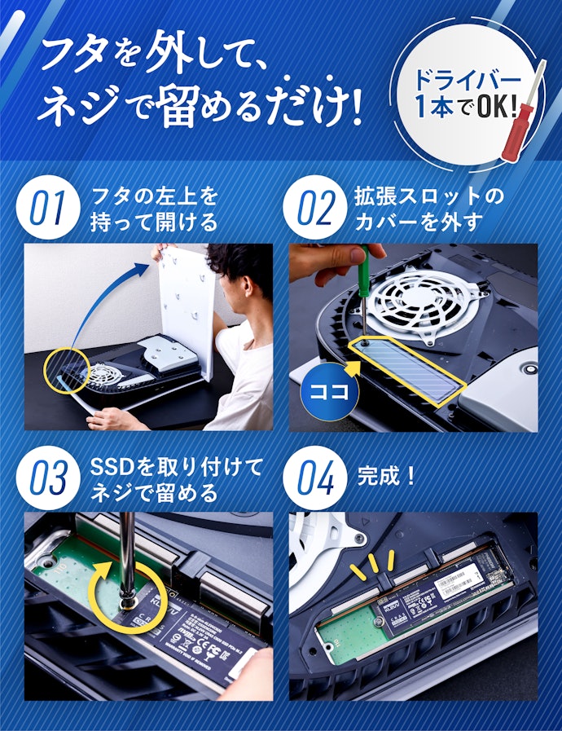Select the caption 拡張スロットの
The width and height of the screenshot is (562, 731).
pos(429,196)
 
